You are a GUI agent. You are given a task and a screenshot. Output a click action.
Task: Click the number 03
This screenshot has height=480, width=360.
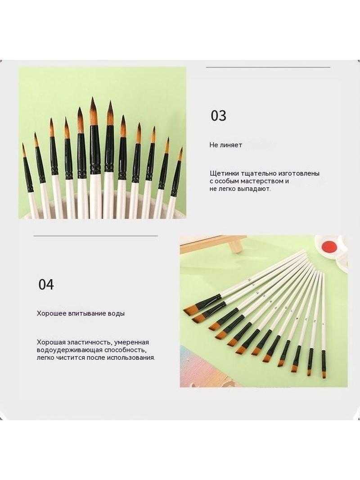pos(218,116)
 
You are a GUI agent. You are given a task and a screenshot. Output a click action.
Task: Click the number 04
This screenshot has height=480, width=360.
pos(46,285)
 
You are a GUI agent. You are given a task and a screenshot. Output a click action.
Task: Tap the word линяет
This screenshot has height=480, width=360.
pos(231,145)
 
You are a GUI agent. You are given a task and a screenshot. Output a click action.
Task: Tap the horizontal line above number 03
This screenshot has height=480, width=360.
pos(268,68)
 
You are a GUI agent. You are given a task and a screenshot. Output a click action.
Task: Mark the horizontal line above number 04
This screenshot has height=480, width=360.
pos(96,236)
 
